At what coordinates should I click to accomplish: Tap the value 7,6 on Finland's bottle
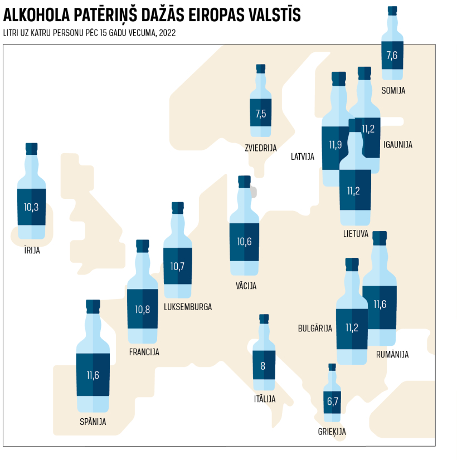(x=392, y=55)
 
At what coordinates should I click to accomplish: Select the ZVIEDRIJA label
(x=261, y=148)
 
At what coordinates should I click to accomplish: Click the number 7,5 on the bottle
(x=260, y=114)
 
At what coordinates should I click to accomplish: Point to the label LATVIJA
(x=303, y=156)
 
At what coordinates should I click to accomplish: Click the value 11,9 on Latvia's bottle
(x=335, y=145)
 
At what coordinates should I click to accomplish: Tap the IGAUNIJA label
(x=397, y=145)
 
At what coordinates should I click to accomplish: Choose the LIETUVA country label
(x=356, y=234)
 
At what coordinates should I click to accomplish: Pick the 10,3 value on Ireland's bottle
(x=31, y=207)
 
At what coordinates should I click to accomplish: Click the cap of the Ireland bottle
(x=32, y=149)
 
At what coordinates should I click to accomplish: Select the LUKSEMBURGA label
(x=188, y=307)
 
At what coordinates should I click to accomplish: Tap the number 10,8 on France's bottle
(x=143, y=309)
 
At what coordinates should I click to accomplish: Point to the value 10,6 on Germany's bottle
(x=244, y=242)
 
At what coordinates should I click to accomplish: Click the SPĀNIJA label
(x=93, y=422)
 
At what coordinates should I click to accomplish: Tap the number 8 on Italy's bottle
(x=264, y=366)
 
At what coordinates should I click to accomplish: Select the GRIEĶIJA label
(x=332, y=432)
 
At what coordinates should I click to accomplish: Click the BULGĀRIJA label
(x=315, y=329)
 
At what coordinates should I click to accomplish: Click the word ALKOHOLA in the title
(x=37, y=16)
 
